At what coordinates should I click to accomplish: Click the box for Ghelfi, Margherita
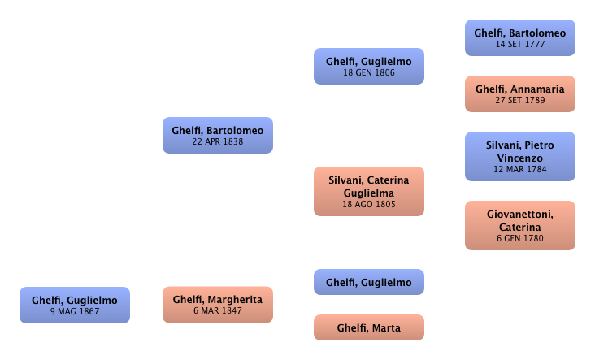click(217, 304)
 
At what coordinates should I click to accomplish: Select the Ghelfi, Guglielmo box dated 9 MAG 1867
click(75, 305)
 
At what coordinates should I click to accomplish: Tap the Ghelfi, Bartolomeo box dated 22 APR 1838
click(217, 135)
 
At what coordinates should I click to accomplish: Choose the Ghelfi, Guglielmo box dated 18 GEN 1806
click(369, 66)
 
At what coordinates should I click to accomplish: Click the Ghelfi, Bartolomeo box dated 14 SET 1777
click(519, 37)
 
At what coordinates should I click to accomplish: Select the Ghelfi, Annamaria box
click(519, 93)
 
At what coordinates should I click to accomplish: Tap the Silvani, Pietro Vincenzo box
click(519, 156)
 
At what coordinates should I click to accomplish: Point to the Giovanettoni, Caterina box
click(519, 225)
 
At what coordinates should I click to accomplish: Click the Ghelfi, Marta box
click(369, 327)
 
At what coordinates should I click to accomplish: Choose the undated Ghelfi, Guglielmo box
click(369, 282)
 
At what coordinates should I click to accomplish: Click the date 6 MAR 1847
click(217, 310)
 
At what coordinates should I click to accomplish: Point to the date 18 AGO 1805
click(369, 205)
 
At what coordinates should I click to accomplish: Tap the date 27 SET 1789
click(519, 100)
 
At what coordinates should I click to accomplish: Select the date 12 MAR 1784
click(519, 169)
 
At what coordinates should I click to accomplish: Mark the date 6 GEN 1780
click(519, 238)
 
